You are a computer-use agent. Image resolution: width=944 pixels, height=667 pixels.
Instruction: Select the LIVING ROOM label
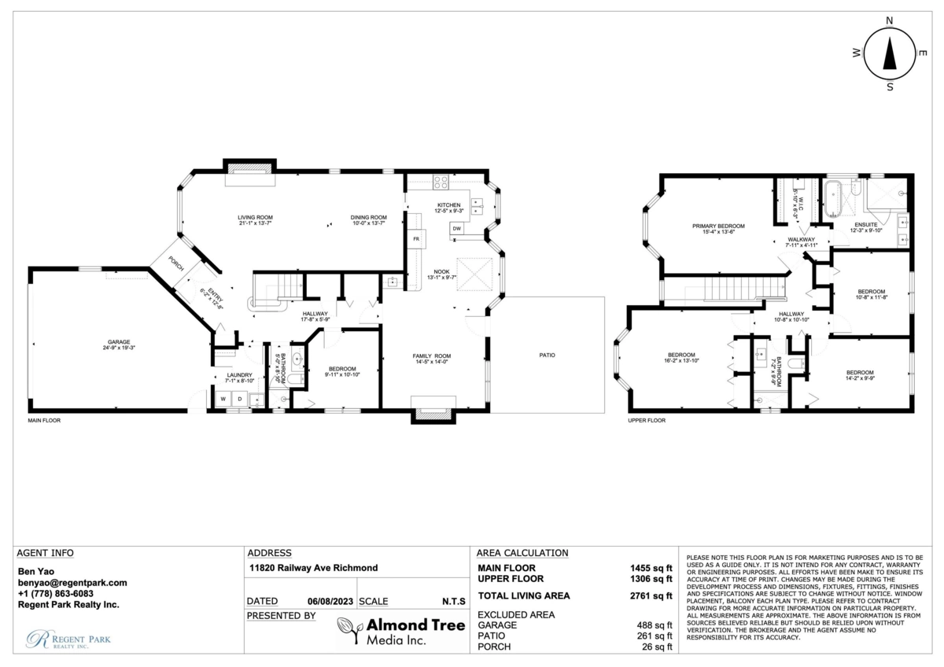pyautogui.click(x=256, y=217)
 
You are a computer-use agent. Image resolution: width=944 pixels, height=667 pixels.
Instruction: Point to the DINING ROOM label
pyautogui.click(x=369, y=217)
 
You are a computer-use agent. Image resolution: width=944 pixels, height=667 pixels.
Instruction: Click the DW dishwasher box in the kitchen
pyautogui.click(x=456, y=229)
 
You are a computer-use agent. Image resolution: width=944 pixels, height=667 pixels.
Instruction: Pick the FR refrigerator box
pyautogui.click(x=415, y=238)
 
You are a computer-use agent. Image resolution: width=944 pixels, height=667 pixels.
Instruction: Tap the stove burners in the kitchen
pyautogui.click(x=441, y=182)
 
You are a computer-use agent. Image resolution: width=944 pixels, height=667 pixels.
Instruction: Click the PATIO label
pyautogui.click(x=547, y=355)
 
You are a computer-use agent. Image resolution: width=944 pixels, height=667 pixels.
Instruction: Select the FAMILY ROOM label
pyautogui.click(x=431, y=356)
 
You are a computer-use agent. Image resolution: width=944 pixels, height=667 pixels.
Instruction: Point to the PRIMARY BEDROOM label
pyautogui.click(x=718, y=226)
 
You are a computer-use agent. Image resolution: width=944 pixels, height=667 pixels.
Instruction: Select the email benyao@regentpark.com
pyautogui.click(x=72, y=583)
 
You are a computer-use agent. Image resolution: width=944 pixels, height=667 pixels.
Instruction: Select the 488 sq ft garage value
pyautogui.click(x=653, y=625)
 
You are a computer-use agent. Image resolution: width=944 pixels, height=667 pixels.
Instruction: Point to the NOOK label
pyautogui.click(x=441, y=271)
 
